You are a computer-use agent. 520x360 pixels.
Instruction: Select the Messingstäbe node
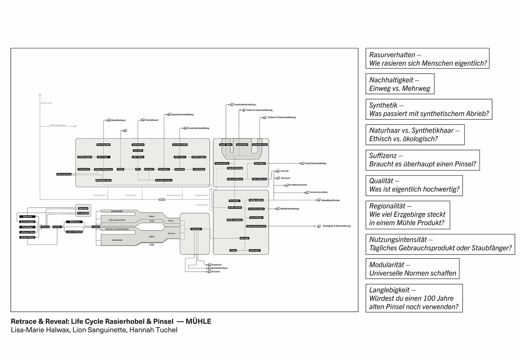coord(104,145)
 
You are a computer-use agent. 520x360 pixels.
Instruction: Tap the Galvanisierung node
coord(64,174)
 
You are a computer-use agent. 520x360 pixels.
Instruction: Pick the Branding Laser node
coord(103,180)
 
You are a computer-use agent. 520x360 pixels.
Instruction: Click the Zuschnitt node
coord(138,150)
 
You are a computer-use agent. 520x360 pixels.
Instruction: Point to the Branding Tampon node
coord(164,180)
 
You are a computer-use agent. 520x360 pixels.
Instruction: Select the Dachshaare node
coord(242,145)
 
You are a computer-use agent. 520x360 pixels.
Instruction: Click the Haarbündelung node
coord(235,168)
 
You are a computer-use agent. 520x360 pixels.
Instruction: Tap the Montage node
coord(244,238)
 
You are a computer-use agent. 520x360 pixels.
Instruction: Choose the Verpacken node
coord(196,229)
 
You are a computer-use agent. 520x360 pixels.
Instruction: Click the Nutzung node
coord(45,227)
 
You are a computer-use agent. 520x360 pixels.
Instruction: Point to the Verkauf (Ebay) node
coord(28,237)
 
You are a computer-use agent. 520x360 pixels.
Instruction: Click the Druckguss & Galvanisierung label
coord(336,226)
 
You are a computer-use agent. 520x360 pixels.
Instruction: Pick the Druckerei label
coord(215,272)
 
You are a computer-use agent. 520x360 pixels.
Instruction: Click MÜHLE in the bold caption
coord(198,321)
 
